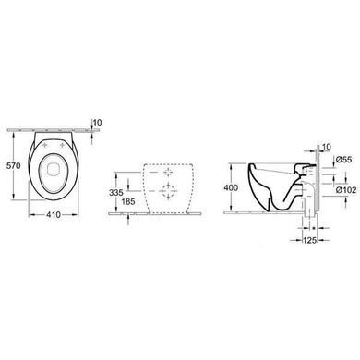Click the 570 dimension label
point(14,165)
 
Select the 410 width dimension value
point(54,215)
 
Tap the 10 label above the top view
point(97,123)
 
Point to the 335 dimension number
point(116,193)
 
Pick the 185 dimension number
point(128,202)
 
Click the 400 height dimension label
point(231,187)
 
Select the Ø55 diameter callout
point(344,160)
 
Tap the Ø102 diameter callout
point(346,190)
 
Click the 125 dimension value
point(309,240)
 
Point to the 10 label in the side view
point(327,147)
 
